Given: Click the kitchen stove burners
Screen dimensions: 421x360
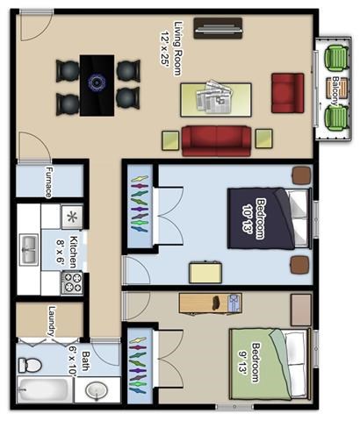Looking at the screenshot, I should (x=71, y=282).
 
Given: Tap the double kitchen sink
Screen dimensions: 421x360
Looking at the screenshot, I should (x=29, y=252).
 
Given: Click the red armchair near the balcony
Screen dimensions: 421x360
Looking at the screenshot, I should (x=287, y=92).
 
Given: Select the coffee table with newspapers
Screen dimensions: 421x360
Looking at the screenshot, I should (x=216, y=97).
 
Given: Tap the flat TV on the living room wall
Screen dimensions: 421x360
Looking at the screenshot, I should (x=219, y=27).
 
